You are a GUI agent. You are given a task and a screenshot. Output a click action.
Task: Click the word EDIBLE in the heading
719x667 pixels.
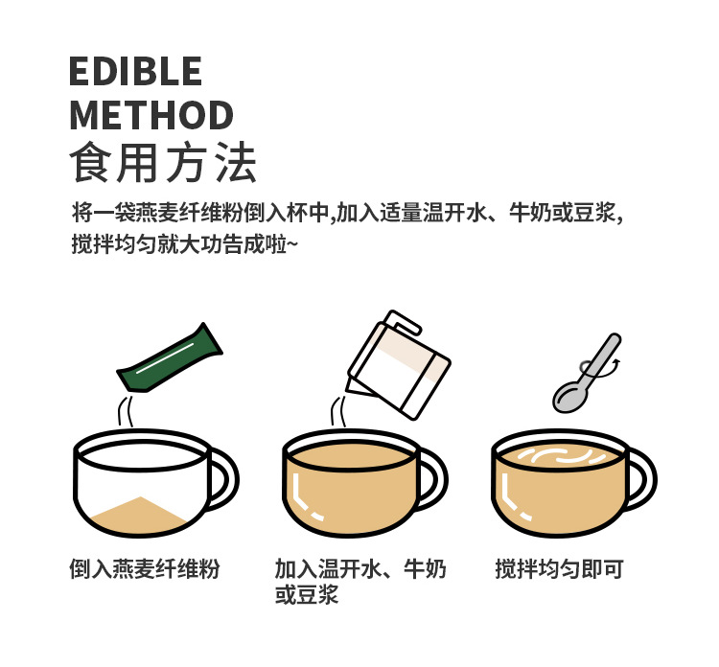(135, 71)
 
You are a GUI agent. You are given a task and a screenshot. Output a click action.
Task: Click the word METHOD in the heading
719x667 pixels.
(151, 115)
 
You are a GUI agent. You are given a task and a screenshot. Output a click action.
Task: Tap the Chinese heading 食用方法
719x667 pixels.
(163, 162)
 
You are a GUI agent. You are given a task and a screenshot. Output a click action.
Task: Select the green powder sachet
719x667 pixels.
(170, 358)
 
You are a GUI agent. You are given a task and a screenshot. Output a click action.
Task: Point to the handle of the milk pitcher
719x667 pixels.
(404, 322)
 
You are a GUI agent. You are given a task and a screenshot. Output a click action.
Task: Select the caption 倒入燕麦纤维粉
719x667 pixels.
(145, 569)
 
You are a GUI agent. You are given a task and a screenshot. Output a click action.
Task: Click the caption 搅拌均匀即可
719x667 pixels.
(560, 569)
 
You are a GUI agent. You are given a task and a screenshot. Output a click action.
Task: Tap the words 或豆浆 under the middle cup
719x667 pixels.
(307, 594)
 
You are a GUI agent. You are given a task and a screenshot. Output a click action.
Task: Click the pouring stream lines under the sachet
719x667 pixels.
(126, 411)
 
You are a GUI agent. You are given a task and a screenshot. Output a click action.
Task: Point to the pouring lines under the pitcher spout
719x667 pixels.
(338, 412)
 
